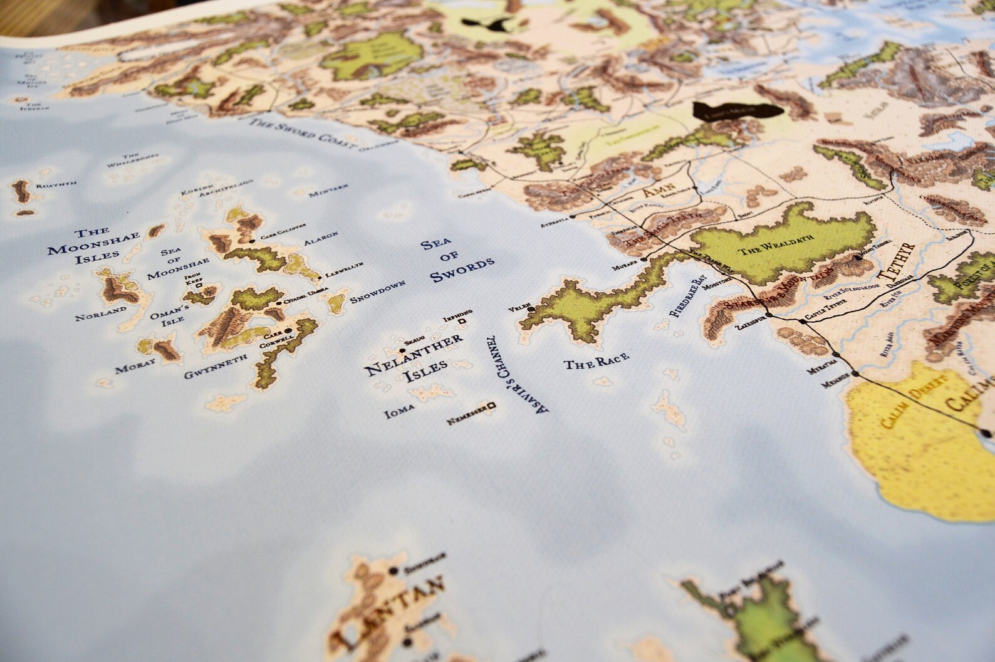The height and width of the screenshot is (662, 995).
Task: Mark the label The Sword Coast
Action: tap(301, 133)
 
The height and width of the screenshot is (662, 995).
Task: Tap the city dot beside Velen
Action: tap(531, 310)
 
